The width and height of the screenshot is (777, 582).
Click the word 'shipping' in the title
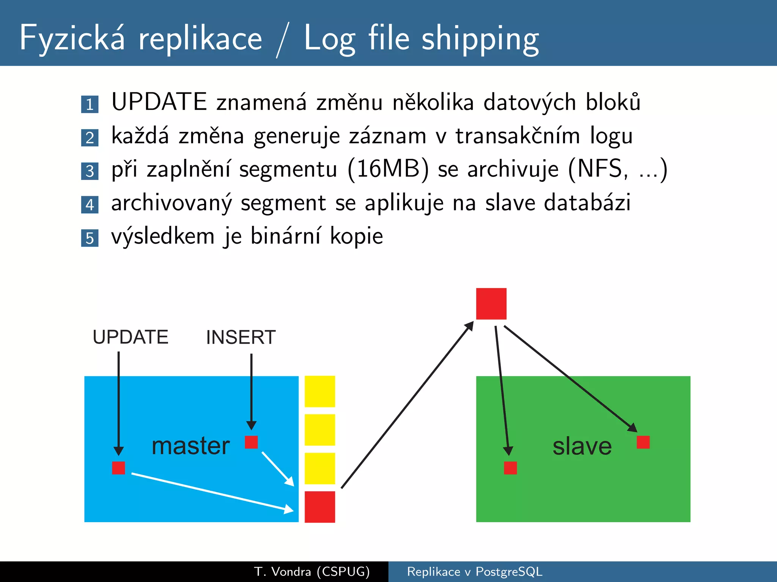480,39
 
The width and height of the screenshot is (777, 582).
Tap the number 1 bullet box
90,104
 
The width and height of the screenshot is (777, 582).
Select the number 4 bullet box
90,205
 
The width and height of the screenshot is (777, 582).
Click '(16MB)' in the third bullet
388,169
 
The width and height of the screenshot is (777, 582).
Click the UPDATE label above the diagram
131,337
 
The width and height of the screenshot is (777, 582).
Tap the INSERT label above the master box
241,337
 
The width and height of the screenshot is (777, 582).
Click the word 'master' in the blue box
190,446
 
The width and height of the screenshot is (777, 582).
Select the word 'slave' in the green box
582,446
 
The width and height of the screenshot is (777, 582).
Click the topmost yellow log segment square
320,391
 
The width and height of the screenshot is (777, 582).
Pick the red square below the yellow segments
320,507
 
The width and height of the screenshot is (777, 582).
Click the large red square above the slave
491,304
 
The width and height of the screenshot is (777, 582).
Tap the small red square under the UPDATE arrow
118,468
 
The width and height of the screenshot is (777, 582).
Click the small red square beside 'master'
251,442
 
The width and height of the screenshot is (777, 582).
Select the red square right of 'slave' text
643,442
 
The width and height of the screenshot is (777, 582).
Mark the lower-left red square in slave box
510,468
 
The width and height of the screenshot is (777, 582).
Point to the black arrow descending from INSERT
251,390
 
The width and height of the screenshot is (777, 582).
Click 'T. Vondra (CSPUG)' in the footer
312,571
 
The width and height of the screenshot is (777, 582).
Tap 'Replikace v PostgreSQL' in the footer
475,571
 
